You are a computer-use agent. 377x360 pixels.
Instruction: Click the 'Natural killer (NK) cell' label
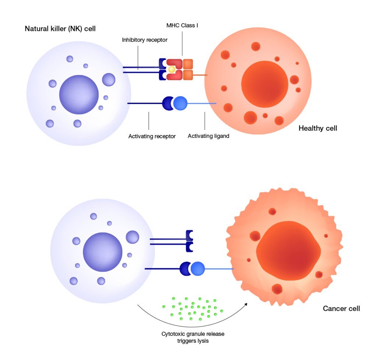pyautogui.click(x=60, y=28)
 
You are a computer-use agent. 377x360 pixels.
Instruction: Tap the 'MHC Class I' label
pyautogui.click(x=182, y=26)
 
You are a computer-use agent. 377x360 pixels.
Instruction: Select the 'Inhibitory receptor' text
pyautogui.click(x=145, y=40)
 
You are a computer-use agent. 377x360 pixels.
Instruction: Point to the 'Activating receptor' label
pyautogui.click(x=152, y=136)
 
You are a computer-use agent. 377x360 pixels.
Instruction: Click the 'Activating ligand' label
pyautogui.click(x=208, y=136)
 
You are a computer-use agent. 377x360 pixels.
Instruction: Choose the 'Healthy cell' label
pyautogui.click(x=318, y=128)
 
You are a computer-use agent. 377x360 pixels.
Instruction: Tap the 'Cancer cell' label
pyautogui.click(x=341, y=308)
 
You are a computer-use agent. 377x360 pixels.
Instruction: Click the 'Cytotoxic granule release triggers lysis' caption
pyautogui.click(x=193, y=337)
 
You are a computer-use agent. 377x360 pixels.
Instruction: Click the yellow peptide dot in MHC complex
pyautogui.click(x=172, y=69)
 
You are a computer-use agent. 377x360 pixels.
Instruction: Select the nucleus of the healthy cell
pyautogui.click(x=264, y=84)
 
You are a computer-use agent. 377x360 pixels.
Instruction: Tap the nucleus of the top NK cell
pyautogui.click(x=79, y=95)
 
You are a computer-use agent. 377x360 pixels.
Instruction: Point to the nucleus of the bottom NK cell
pyautogui.click(x=102, y=252)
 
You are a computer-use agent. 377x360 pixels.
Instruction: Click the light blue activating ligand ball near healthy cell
pyautogui.click(x=180, y=103)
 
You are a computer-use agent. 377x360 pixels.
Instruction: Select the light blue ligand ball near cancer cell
pyautogui.click(x=198, y=269)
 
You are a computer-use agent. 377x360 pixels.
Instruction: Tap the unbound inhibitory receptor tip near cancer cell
pyautogui.click(x=189, y=241)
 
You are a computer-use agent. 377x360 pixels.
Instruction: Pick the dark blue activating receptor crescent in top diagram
pyautogui.click(x=167, y=103)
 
